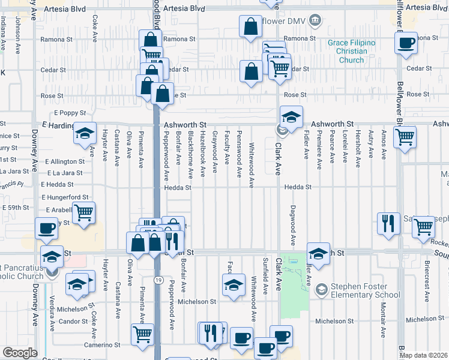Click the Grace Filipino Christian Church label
(351, 51)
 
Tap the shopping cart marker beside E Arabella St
(83, 212)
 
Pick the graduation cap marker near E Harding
(85, 134)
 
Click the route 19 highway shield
(157, 280)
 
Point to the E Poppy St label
(70, 113)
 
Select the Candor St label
(73, 322)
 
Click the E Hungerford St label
(66, 197)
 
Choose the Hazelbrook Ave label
(203, 154)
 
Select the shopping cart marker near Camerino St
(142, 334)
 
